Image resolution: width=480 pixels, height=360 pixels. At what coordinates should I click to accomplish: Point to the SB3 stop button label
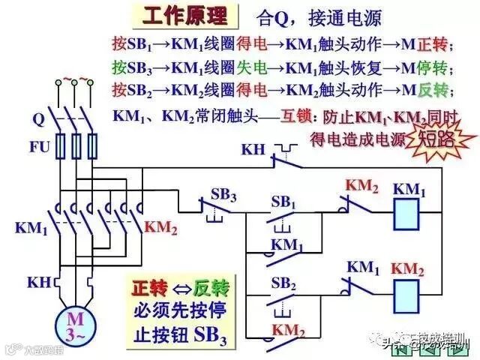point(223,196)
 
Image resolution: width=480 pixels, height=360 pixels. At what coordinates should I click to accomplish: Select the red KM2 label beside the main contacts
point(160,226)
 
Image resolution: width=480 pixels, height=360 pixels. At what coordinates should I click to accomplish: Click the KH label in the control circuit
point(253,149)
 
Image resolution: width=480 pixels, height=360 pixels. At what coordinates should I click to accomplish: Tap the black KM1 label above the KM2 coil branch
point(361,267)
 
